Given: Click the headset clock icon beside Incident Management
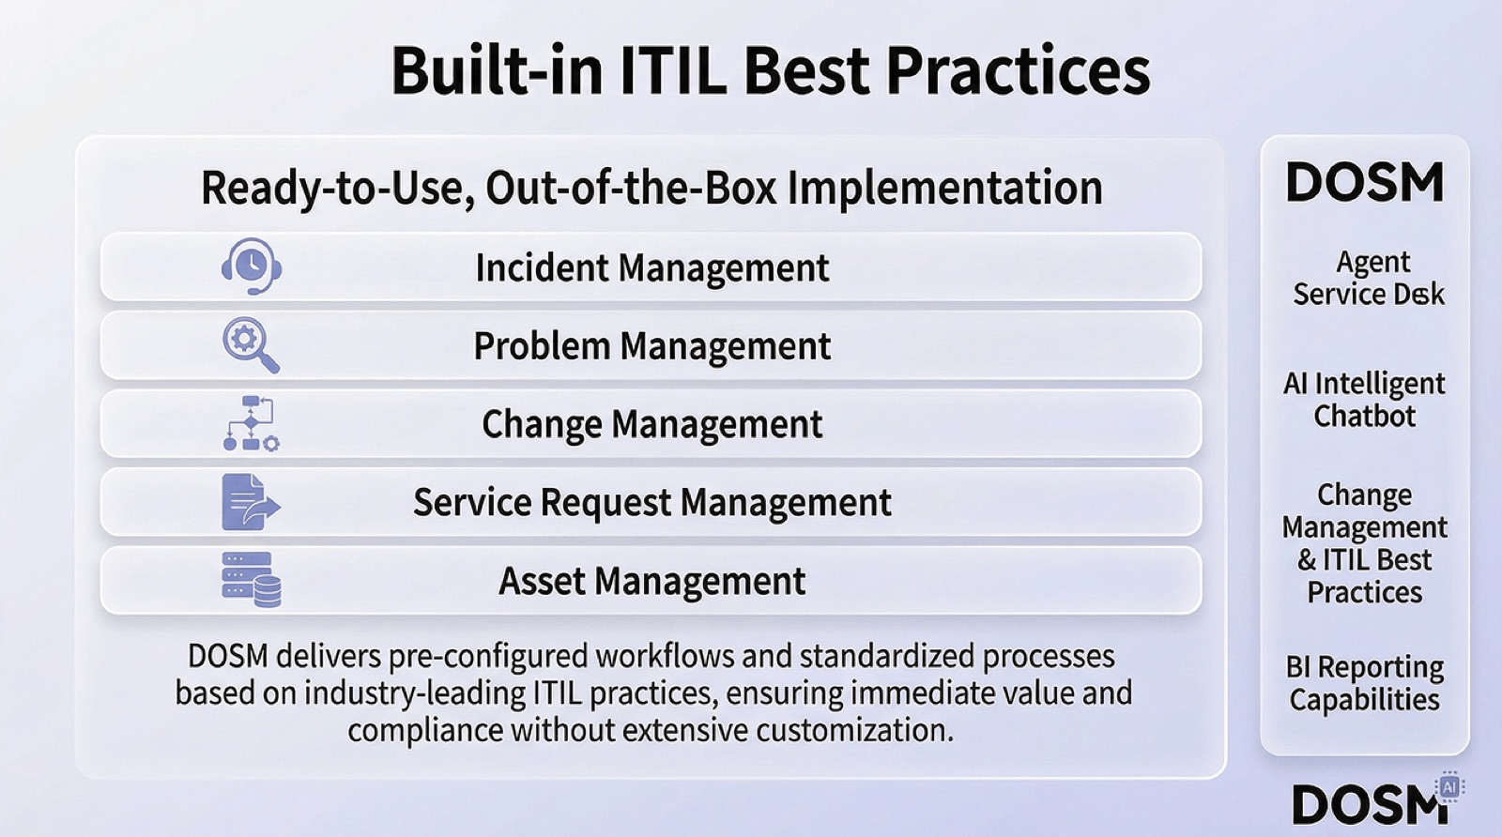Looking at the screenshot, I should click(x=251, y=266).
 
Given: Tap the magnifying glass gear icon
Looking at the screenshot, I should click(x=251, y=345).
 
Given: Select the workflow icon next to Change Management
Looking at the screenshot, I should click(x=251, y=423).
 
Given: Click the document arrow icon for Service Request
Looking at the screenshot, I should click(x=250, y=502).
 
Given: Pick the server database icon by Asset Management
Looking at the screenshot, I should click(x=251, y=580).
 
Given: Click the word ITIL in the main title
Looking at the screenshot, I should click(x=672, y=70).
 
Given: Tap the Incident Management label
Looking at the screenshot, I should click(x=651, y=268).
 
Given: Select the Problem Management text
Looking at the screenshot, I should click(x=651, y=346).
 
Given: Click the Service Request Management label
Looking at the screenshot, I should click(x=651, y=503).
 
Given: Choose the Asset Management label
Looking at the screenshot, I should click(x=651, y=582).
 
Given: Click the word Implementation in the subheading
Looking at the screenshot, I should click(x=944, y=188).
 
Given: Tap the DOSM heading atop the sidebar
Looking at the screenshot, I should click(x=1364, y=183).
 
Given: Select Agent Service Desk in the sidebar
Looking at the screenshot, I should click(x=1368, y=278).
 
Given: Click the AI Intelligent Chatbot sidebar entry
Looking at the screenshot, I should click(x=1364, y=400).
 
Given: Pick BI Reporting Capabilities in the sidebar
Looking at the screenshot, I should click(x=1364, y=683).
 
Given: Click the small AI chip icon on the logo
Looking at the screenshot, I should click(x=1449, y=786).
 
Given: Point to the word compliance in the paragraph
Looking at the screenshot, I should click(x=425, y=730).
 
